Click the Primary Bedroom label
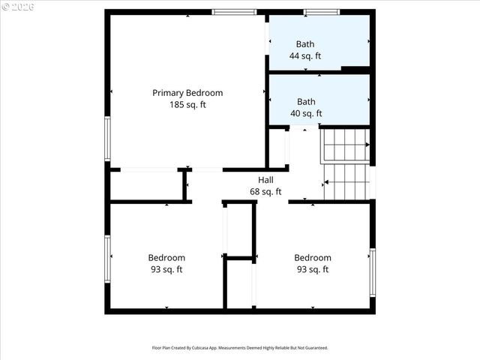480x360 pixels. click(187, 93)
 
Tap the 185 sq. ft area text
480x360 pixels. click(187, 105)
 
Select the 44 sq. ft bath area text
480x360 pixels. click(305, 56)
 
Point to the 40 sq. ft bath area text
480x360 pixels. click(306, 114)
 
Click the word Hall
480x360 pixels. click(265, 180)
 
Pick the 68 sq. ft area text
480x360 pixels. click(265, 192)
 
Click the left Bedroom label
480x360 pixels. click(166, 258)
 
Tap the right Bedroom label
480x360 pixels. click(312, 258)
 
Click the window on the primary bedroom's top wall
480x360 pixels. click(235, 12)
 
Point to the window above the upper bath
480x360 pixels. click(321, 12)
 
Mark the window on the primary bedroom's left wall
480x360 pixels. click(108, 139)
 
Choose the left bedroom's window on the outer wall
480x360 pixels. click(108, 258)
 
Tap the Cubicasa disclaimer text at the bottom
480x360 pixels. click(240, 348)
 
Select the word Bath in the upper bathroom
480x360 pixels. click(305, 44)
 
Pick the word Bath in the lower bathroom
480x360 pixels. click(306, 102)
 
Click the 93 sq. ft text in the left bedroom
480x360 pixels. click(166, 270)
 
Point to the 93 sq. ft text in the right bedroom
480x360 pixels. click(312, 270)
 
